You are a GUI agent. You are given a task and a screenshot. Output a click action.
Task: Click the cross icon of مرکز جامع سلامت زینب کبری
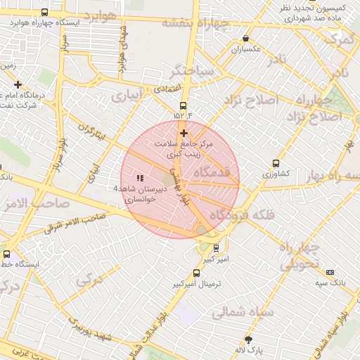point(184,133)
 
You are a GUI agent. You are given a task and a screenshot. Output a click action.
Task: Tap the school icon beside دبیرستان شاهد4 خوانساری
point(139,178)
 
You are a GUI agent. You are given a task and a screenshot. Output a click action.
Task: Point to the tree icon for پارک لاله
point(247,339)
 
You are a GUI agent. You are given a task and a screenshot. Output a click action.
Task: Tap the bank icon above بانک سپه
point(330,272)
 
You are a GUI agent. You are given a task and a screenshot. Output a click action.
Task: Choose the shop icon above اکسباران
point(245,39)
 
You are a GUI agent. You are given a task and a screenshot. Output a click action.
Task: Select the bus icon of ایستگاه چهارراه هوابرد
point(46,13)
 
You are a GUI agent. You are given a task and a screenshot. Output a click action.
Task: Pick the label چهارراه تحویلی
point(300,257)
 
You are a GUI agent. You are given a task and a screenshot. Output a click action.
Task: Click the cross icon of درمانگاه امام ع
point(18,84)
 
